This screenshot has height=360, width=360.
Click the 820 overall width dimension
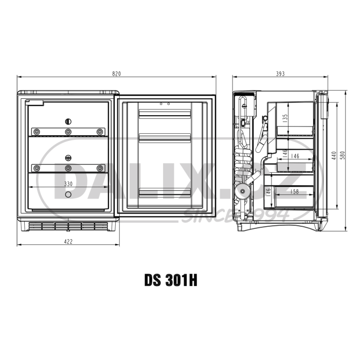[x=117, y=74]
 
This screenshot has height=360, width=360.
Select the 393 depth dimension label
[x=280, y=74]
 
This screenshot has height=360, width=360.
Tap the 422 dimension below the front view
[x=68, y=241]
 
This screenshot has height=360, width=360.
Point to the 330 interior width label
[x=68, y=184]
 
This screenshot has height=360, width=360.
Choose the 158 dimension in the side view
[x=295, y=192]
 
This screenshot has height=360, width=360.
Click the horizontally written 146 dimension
[x=295, y=156]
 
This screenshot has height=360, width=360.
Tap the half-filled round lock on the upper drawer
[x=68, y=121]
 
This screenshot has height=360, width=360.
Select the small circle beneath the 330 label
[x=68, y=194]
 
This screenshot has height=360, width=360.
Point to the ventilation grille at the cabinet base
[x=68, y=226]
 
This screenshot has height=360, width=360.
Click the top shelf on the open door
[x=165, y=113]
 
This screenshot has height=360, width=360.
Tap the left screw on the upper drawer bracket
[x=36, y=132]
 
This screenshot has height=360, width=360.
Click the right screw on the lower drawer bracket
[x=100, y=168]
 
